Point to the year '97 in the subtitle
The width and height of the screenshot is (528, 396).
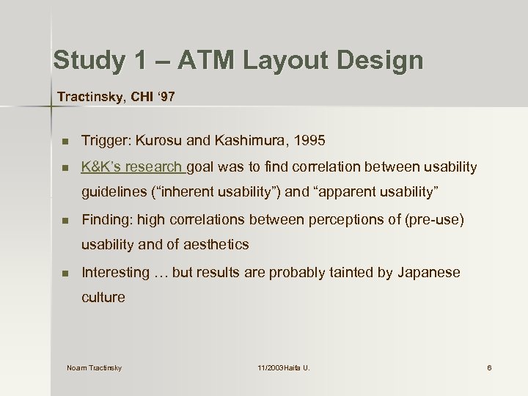coord(165,96)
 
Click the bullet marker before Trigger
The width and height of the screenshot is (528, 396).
coord(65,140)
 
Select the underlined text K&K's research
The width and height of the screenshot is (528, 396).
coord(134,167)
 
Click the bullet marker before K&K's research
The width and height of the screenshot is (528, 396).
coord(65,168)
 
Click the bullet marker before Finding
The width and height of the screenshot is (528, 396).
coord(65,220)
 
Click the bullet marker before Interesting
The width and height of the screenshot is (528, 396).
coord(65,273)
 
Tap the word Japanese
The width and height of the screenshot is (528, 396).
coord(429,272)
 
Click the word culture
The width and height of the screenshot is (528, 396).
coord(103,297)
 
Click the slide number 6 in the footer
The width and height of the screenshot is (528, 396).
coord(489,367)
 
